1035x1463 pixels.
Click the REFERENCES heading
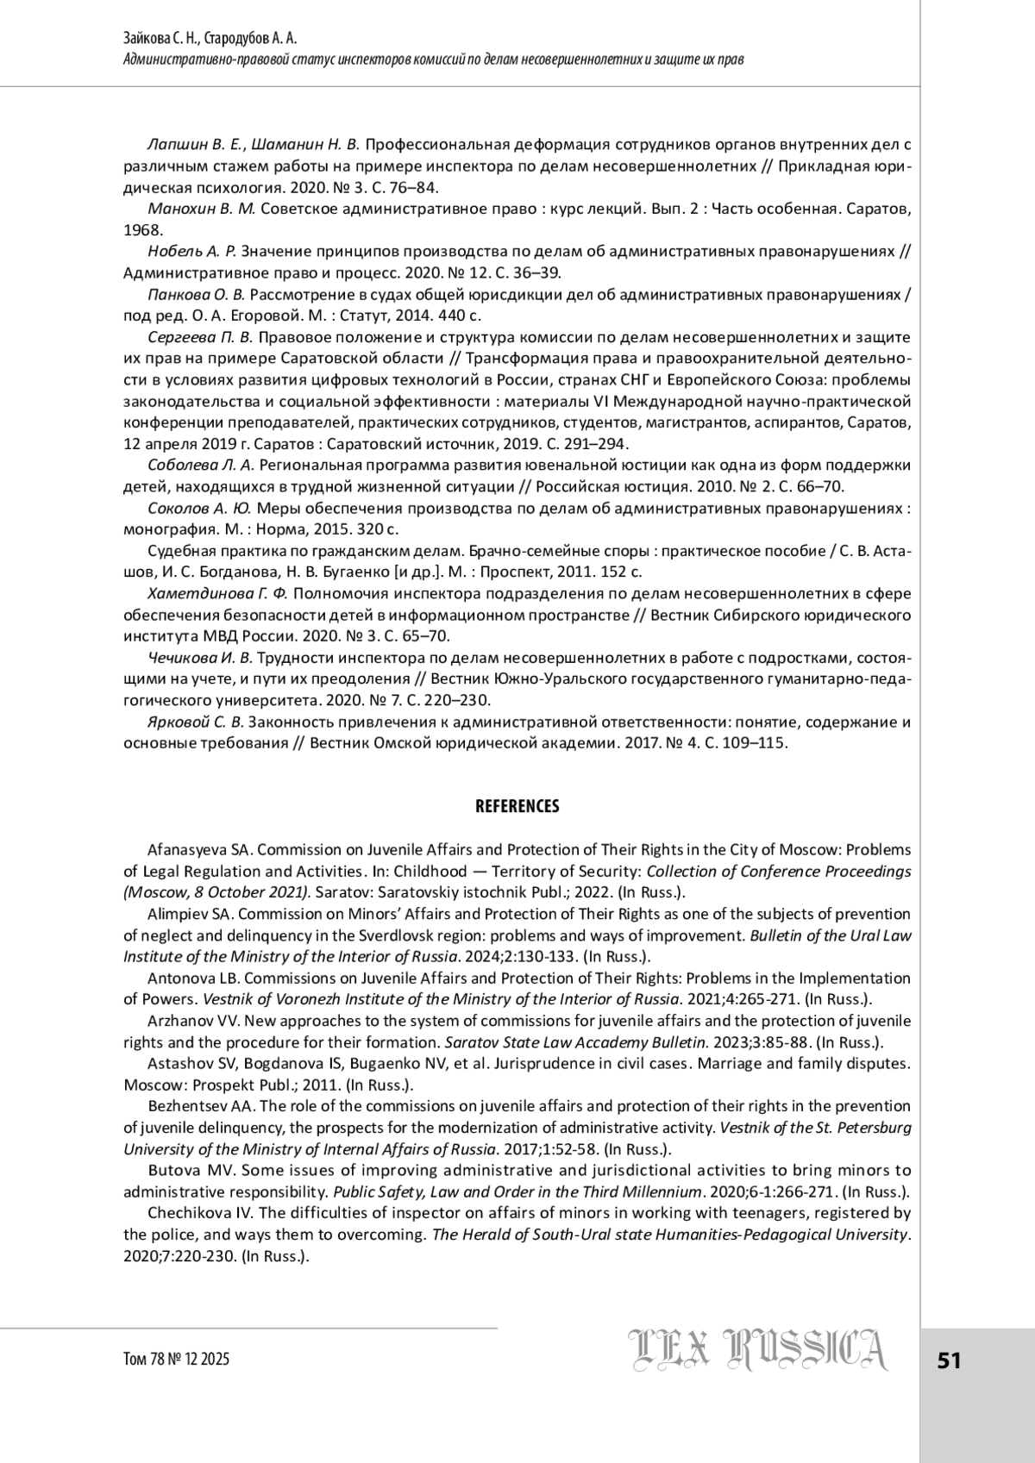(x=517, y=807)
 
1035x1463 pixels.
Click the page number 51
(x=949, y=1360)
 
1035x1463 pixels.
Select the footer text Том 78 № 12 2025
(x=177, y=1360)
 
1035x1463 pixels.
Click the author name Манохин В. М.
(x=202, y=209)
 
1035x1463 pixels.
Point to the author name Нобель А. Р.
(x=191, y=252)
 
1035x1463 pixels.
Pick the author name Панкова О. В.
(x=197, y=295)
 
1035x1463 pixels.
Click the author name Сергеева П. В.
(x=200, y=337)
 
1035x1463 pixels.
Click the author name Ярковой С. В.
(x=198, y=722)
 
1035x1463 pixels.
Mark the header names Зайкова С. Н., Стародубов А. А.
(x=211, y=39)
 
